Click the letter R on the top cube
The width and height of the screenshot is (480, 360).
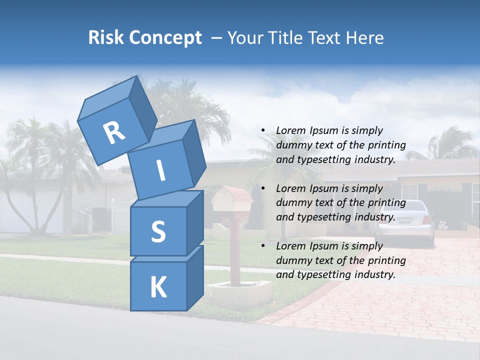coord(114,133)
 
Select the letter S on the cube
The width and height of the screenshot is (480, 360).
coord(158,231)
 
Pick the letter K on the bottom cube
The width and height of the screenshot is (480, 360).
coord(158,287)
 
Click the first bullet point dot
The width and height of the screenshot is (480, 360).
coord(263,130)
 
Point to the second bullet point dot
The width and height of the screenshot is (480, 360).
coord(263,188)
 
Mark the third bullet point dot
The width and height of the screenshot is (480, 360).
coord(263,246)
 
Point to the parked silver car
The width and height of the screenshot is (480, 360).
coord(405,220)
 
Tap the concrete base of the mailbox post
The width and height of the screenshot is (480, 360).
coord(240,292)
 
